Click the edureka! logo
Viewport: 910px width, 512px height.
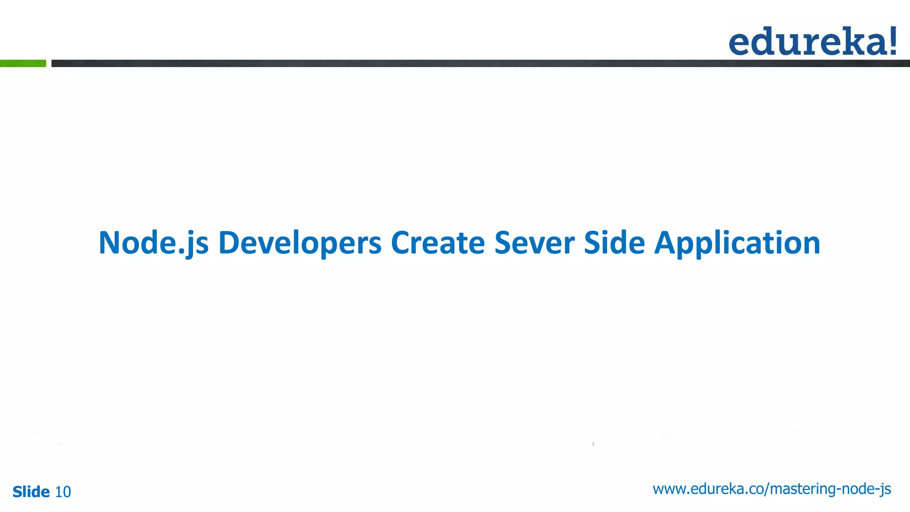coord(812,41)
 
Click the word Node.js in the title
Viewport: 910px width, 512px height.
coord(153,243)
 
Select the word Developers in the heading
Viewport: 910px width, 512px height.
coord(299,243)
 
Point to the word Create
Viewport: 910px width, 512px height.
coord(438,243)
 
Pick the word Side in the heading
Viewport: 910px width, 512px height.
coord(614,243)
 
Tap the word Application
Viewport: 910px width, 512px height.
coord(737,243)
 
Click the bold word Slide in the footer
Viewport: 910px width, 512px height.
coord(31,492)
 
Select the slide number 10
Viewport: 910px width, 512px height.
coord(63,492)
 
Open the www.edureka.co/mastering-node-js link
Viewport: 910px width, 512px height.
coord(772,489)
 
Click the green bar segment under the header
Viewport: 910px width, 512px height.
coord(23,64)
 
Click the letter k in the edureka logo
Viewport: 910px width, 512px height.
coord(851,41)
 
